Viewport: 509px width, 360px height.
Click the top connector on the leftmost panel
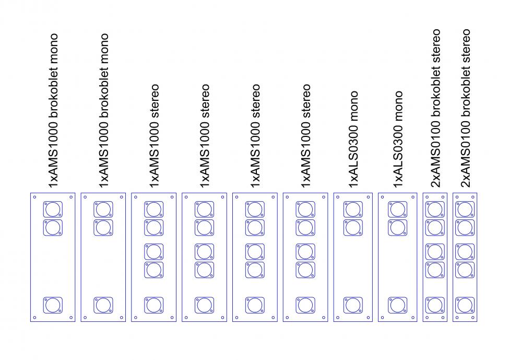click(53, 210)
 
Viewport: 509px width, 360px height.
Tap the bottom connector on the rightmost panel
click(465, 305)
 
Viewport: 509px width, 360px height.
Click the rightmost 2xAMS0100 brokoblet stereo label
click(466, 108)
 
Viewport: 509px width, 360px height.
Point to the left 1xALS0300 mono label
click(354, 140)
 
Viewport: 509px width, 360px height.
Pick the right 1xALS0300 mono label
click(399, 140)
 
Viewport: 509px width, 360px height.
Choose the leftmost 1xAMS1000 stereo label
click(154, 136)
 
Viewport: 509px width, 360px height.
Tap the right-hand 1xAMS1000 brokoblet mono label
click(103, 111)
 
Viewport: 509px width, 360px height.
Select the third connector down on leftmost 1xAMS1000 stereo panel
click(154, 251)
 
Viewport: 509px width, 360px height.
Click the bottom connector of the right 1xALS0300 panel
click(398, 305)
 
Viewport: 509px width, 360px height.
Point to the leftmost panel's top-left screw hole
click(34, 198)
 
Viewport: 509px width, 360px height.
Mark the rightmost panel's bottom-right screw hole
click(475, 317)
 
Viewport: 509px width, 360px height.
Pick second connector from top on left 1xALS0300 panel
click(353, 228)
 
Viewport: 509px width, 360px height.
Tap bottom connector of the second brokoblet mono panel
click(103, 305)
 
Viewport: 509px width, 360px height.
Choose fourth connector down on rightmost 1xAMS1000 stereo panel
click(305, 270)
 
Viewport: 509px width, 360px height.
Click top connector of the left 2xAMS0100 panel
click(435, 210)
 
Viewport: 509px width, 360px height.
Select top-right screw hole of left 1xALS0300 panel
click(369, 198)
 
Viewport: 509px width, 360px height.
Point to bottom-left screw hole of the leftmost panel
click(34, 317)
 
